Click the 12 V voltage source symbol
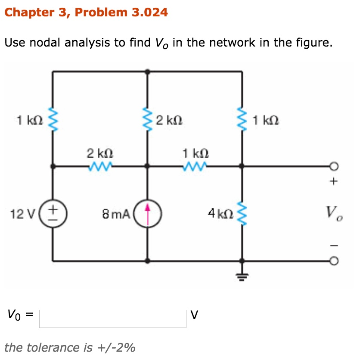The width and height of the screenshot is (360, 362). (53, 213)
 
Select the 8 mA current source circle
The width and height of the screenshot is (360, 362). (147, 213)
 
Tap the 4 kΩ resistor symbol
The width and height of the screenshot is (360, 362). (242, 213)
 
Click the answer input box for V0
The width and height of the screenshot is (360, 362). (113, 318)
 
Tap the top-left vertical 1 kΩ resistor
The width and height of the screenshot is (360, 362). (53, 119)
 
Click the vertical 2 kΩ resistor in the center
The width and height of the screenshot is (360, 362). (147, 119)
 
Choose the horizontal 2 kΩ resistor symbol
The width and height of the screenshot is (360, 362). (100, 165)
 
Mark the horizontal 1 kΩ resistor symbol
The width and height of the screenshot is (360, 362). (195, 165)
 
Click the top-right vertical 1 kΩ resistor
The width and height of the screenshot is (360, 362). (242, 119)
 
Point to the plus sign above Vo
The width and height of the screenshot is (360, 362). (332, 181)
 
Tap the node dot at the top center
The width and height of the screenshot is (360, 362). (147, 72)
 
